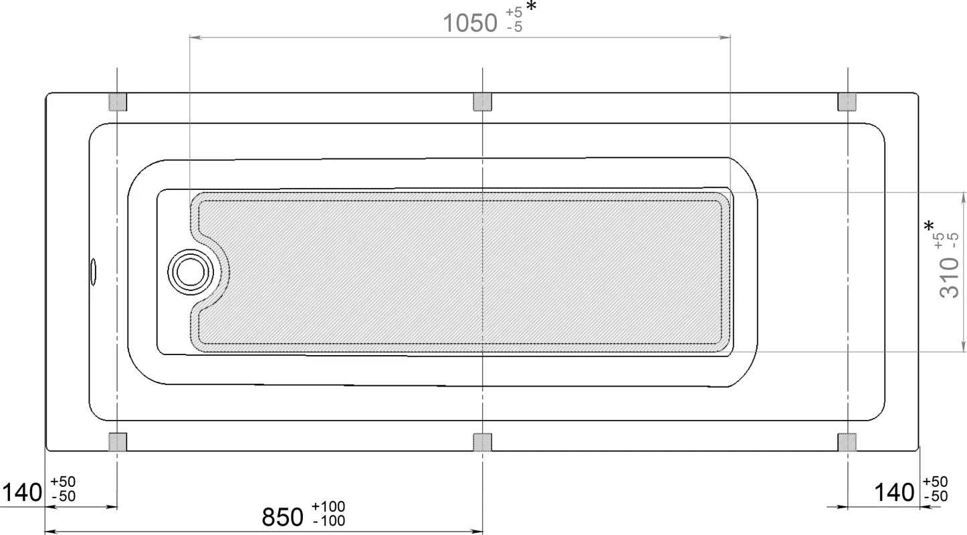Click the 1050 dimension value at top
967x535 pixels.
click(470, 23)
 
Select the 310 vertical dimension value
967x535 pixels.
click(950, 278)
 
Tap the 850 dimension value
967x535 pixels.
click(283, 517)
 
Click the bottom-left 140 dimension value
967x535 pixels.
click(23, 492)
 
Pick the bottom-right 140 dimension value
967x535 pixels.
click(894, 492)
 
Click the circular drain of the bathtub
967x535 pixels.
click(191, 272)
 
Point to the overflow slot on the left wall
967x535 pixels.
click(93, 272)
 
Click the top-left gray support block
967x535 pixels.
click(118, 102)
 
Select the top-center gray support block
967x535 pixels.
click(482, 102)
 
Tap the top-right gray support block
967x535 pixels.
click(847, 102)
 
